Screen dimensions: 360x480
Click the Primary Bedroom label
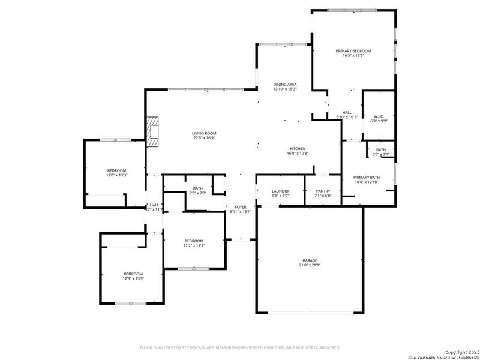353,52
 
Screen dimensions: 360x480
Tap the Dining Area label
285,84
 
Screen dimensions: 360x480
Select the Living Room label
204,133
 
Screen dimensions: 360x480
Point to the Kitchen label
298,148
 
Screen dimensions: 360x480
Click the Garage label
310,260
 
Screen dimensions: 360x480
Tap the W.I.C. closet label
379,116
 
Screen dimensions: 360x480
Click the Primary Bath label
366,177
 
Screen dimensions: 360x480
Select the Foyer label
241,207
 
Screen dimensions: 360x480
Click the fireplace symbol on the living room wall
154,131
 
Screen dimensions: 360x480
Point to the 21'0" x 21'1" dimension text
310,265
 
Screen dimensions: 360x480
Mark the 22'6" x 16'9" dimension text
204,138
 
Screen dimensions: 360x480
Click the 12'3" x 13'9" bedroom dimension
133,278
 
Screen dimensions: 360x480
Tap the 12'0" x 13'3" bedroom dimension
116,176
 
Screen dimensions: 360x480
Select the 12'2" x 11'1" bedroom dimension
194,245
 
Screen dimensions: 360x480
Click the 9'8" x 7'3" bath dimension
198,193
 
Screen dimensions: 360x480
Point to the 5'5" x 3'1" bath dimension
381,154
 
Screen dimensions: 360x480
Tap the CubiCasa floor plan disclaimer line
240,347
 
